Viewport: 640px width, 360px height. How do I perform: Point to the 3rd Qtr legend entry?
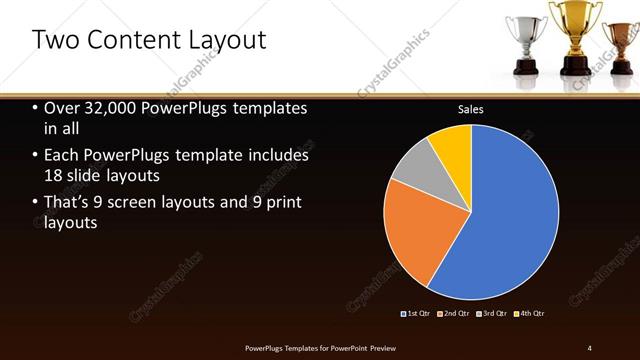coord(492,314)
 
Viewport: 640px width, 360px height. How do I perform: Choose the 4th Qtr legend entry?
coord(530,314)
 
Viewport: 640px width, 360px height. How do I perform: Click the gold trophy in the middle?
coord(574,35)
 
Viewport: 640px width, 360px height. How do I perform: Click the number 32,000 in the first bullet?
coord(110,108)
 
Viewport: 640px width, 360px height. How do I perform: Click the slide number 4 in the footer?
coord(590,347)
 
